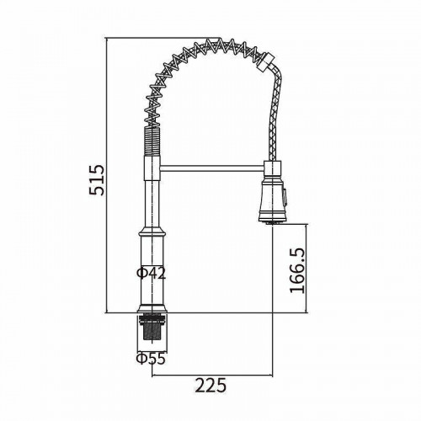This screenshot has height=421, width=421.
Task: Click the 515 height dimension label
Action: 96,180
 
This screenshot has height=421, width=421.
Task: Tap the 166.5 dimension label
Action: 297,271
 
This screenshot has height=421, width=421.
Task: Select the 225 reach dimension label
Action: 210,385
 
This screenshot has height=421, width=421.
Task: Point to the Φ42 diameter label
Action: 151,273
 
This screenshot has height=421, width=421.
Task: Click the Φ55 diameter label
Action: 151,359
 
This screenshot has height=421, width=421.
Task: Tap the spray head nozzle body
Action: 272,199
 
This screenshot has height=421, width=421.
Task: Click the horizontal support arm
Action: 212,168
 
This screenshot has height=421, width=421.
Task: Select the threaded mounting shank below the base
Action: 152,328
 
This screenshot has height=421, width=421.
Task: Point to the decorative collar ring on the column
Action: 152,232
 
